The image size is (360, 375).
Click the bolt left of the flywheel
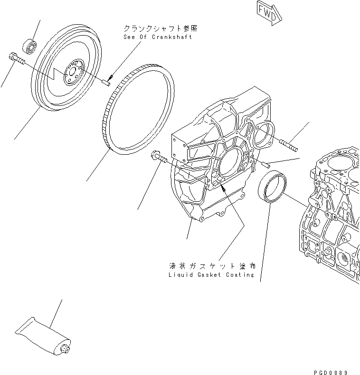click(15, 59)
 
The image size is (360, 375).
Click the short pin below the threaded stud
click(266, 164)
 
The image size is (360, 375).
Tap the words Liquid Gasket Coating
click(211, 275)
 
